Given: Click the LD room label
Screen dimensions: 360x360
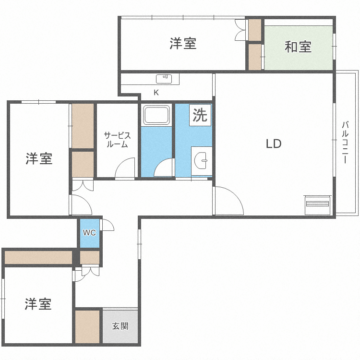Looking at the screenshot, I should point(273,144).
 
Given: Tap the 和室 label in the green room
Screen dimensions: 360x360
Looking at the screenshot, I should point(298,47).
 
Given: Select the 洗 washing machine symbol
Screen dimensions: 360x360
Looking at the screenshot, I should point(200,115).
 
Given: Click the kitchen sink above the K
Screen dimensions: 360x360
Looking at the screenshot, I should point(164,77).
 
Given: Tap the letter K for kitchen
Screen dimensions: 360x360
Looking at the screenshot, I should point(156,92).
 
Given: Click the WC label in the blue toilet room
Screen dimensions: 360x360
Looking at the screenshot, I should point(89,233).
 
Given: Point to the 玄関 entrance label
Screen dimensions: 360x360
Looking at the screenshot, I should point(120,326).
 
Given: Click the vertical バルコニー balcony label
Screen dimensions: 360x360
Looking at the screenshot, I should point(345,143).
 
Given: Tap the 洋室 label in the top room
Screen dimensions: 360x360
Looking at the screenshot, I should point(182,44).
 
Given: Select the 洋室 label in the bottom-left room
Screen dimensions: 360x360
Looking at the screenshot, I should point(38,303).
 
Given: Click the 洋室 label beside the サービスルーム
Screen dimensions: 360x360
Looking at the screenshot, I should point(39,158).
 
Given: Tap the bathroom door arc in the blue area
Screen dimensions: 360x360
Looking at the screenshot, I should point(165,167).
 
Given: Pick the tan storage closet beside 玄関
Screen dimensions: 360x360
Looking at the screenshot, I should point(87,326).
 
